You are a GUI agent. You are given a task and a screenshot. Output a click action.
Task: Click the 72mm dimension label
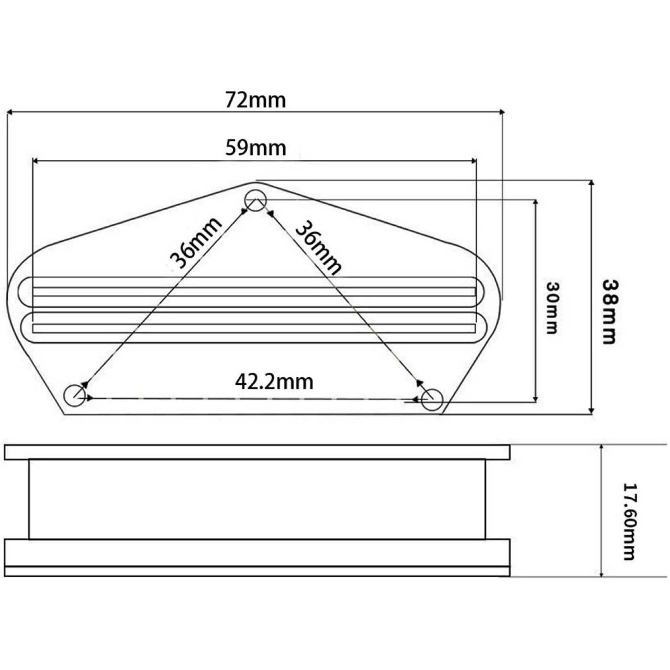click(256, 100)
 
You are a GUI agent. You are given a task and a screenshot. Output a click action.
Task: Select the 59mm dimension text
click(256, 147)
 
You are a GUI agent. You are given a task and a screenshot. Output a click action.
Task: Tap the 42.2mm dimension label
click(274, 382)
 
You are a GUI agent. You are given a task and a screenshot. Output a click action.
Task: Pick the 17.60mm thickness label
click(628, 522)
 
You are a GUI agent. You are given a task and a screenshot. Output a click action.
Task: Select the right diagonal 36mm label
click(317, 247)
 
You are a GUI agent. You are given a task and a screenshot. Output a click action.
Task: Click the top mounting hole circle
click(256, 190)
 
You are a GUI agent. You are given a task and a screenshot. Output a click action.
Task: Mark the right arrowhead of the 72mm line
click(502, 112)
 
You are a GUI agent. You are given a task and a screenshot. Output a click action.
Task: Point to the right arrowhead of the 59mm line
click(474, 161)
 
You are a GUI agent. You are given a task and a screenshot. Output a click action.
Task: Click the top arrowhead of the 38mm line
click(591, 183)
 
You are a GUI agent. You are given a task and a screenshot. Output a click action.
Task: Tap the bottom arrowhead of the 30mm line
click(536, 399)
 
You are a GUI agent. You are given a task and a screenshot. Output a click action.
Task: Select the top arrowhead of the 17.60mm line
click(601, 447)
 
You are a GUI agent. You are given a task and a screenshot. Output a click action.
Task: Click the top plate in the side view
click(257, 452)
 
